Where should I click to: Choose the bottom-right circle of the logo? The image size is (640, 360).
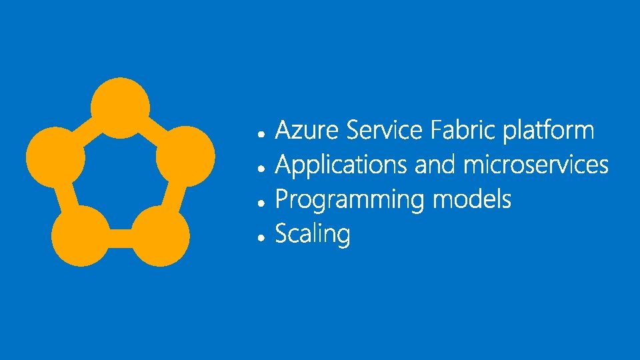pyautogui.click(x=161, y=235)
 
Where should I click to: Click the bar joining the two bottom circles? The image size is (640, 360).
pyautogui.click(x=121, y=238)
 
